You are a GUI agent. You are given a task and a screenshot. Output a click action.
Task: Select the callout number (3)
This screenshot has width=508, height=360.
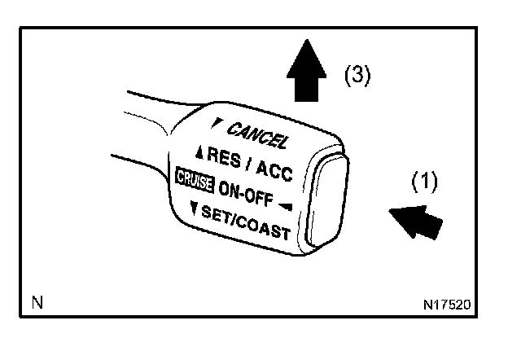[x=356, y=76]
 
